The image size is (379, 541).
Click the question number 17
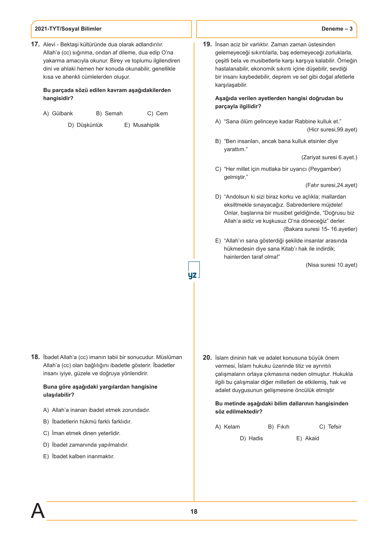coord(35,44)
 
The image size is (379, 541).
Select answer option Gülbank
coord(62,113)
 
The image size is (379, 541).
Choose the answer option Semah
coord(114,113)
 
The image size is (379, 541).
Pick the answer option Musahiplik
coord(146,125)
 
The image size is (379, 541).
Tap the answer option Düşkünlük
coord(90,125)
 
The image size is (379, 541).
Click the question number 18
coord(35,357)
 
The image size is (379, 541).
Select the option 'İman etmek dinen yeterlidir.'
coord(86,433)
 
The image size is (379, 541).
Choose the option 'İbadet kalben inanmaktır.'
coord(83,456)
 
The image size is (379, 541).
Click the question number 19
coord(207,44)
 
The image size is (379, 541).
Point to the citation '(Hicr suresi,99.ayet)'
coord(332,130)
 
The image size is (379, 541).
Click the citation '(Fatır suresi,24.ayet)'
coord(331,185)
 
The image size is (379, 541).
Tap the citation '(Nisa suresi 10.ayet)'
coord(331,265)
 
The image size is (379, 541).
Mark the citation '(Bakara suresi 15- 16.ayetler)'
coord(320,229)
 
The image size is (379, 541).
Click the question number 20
coord(207,358)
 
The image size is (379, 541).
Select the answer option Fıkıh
coord(283,427)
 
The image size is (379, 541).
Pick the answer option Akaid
coord(312,438)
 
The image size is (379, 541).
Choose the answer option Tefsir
coord(335,427)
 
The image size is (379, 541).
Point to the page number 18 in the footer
coord(194,511)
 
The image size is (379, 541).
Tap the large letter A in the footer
coord(38,511)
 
